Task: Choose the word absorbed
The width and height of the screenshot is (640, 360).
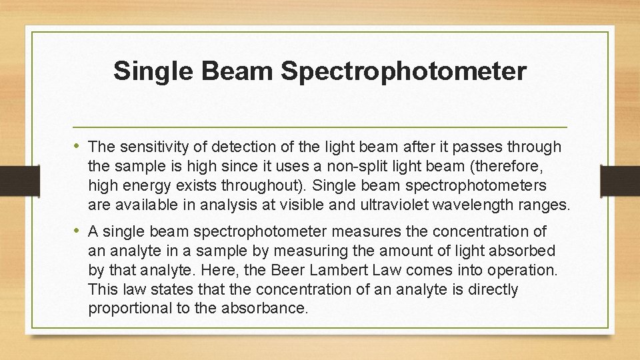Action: point(522,251)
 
